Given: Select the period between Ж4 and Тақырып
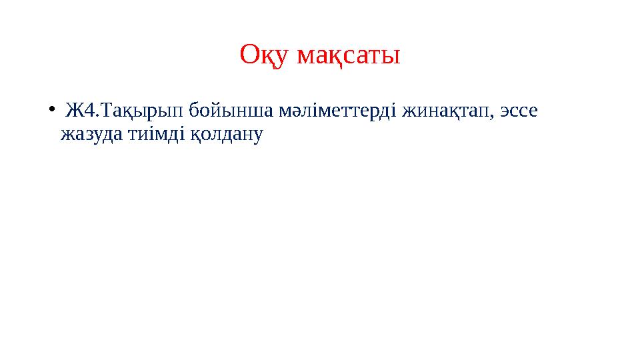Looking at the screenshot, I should click(101, 115).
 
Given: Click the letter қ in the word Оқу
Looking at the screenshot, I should click(267, 58).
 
